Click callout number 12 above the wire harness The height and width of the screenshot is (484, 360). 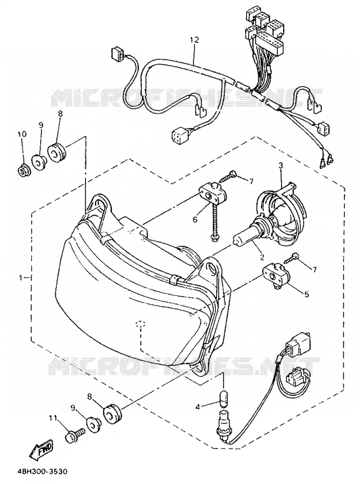[x=195, y=40]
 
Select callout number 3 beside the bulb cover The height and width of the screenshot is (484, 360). [x=280, y=166]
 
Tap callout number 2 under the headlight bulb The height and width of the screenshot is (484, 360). [x=262, y=256]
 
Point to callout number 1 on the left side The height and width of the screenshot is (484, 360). [x=20, y=278]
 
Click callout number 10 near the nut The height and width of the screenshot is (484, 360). [x=22, y=134]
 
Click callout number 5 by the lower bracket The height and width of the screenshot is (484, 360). [x=307, y=294]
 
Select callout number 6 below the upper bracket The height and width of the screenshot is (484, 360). [x=195, y=219]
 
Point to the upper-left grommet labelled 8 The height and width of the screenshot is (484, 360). [x=57, y=152]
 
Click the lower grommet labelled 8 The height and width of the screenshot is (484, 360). [x=112, y=413]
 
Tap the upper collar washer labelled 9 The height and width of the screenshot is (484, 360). [x=39, y=161]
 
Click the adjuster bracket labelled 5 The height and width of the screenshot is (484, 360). [x=276, y=274]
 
